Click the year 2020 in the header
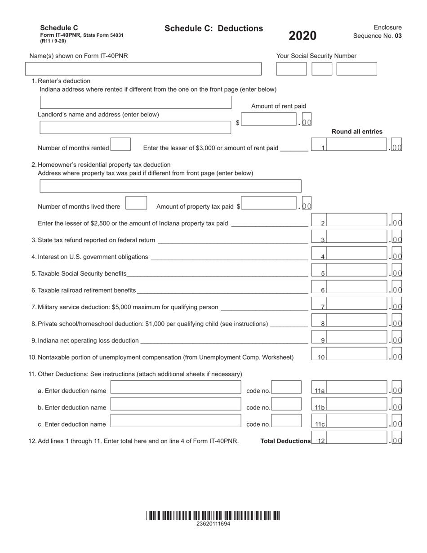pyautogui.click(x=302, y=36)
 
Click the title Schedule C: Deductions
pyautogui.click(x=213, y=29)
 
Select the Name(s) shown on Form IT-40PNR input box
pyautogui.click(x=143, y=69)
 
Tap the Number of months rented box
pyautogui.click(x=120, y=145)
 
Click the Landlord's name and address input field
pyautogui.click(x=135, y=128)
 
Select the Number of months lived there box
pyautogui.click(x=136, y=203)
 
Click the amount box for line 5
pyautogui.click(x=357, y=271)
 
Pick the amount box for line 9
pyautogui.click(x=357, y=338)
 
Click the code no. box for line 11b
pyautogui.click(x=286, y=404)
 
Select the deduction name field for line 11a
pyautogui.click(x=176, y=388)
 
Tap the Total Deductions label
pyautogui.click(x=285, y=442)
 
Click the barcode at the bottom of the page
pyautogui.click(x=213, y=515)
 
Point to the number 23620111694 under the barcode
pyautogui.click(x=213, y=524)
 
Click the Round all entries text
pyautogui.click(x=357, y=132)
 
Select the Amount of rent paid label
pyautogui.click(x=278, y=106)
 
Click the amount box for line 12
pyautogui.click(x=357, y=438)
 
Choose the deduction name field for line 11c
pyautogui.click(x=176, y=421)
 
